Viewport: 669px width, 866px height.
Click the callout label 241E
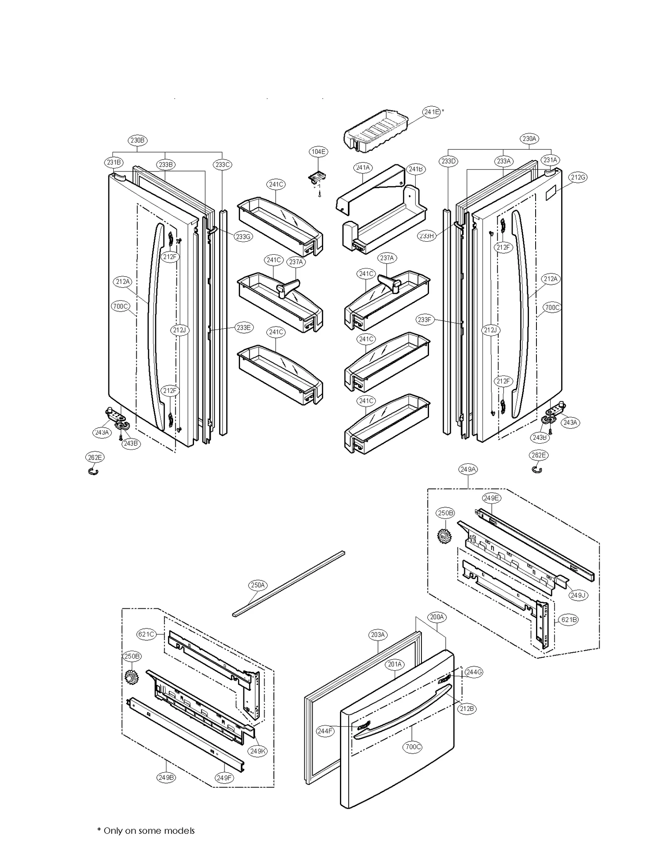[431, 112]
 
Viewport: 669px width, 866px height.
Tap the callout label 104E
[318, 151]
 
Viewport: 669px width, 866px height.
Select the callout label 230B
[137, 140]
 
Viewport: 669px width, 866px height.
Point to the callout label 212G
[577, 177]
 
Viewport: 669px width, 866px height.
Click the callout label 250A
[258, 585]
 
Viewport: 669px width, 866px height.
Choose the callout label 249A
[468, 469]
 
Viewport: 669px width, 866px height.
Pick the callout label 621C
[146, 634]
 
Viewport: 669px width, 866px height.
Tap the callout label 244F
[325, 731]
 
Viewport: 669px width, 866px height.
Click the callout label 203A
[378, 634]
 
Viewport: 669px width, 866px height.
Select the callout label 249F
[224, 778]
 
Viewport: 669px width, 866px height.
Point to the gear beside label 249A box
[444, 536]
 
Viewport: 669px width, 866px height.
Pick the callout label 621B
[569, 619]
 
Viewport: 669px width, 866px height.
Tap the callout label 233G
[243, 236]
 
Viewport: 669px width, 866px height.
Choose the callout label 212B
[466, 708]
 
